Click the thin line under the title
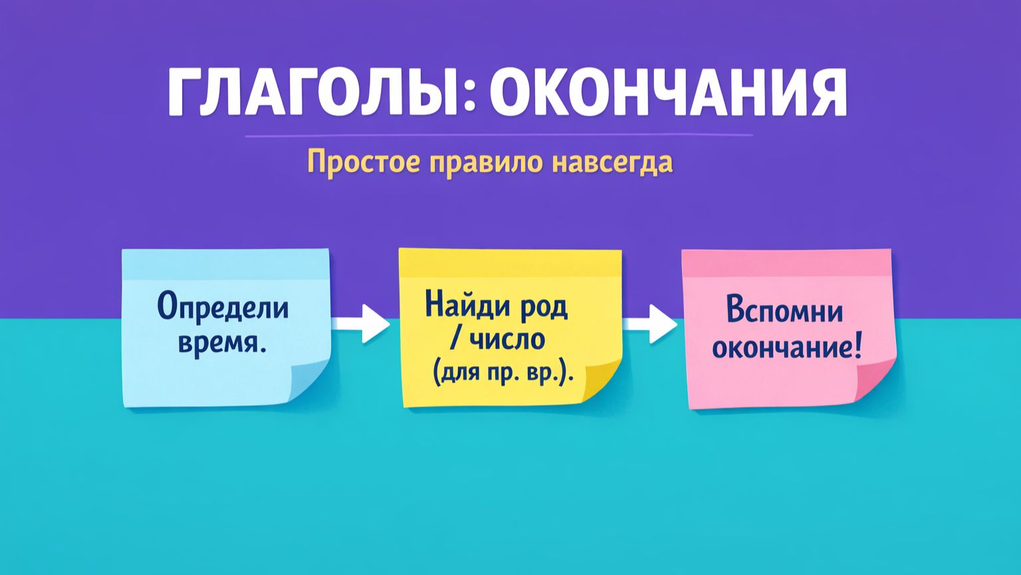[x=499, y=136]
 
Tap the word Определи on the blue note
[x=223, y=308]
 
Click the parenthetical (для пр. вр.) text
[x=503, y=375]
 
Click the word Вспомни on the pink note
[x=784, y=311]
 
